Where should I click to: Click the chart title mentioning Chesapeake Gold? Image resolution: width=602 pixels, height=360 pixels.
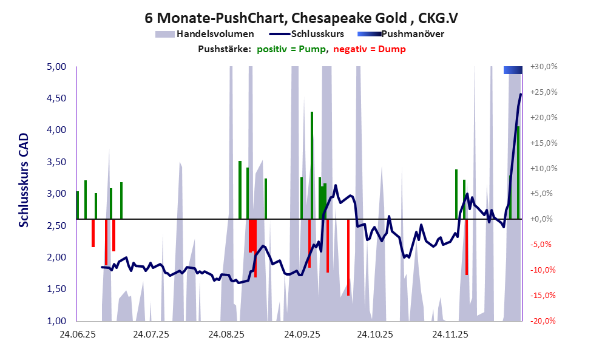coord(301,18)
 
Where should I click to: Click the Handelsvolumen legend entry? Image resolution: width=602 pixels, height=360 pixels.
coord(215,34)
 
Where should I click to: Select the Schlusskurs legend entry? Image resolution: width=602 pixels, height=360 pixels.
coord(317,34)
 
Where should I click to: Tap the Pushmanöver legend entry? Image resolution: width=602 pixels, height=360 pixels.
coord(412,34)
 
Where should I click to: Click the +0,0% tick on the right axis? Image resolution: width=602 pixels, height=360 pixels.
coord(545,219)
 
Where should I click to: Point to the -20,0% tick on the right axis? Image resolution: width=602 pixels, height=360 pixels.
coord(544,321)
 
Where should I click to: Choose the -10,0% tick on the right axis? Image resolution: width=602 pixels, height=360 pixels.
coord(544,270)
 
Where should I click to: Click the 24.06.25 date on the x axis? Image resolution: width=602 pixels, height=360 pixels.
coord(77,335)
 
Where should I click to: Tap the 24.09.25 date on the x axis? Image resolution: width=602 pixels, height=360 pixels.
coord(301,335)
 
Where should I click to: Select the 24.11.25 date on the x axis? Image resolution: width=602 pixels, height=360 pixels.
coord(450,335)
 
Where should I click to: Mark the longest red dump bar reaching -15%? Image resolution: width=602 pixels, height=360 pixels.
coord(348,257)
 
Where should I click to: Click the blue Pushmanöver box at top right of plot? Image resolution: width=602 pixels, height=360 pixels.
coord(513,70)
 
